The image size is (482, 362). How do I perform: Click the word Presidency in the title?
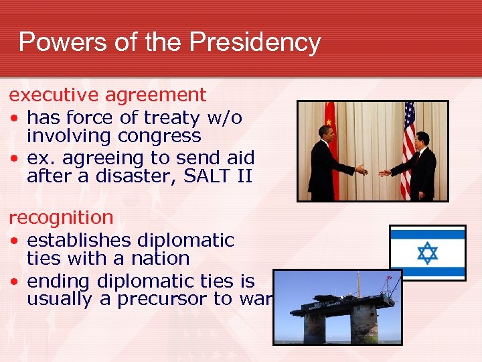[255, 42]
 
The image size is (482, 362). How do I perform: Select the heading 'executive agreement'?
[107, 95]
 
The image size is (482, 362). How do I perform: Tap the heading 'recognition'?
[61, 217]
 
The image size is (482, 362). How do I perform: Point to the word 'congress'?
[159, 136]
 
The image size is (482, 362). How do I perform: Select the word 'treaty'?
[153, 118]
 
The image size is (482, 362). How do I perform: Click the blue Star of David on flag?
[427, 253]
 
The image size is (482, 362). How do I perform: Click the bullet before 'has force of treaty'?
[14, 119]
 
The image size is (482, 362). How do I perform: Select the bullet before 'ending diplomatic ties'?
[14, 282]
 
